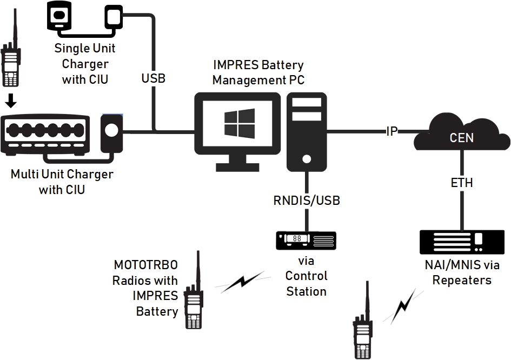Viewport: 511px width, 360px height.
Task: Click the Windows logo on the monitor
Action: pyautogui.click(x=240, y=123)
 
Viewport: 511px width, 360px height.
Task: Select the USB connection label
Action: pyautogui.click(x=153, y=78)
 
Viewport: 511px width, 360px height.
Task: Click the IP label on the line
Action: pyautogui.click(x=392, y=131)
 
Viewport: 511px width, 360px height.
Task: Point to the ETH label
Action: pyautogui.click(x=462, y=183)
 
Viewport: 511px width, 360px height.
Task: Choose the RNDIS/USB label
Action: pyautogui.click(x=307, y=201)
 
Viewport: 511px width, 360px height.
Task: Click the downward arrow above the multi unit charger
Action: pyautogui.click(x=10, y=102)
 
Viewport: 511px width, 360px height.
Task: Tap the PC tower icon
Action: pyautogui.click(x=307, y=130)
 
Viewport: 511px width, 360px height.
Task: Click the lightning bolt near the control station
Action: pyautogui.click(x=243, y=282)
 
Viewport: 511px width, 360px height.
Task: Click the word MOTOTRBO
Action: pyautogui.click(x=145, y=265)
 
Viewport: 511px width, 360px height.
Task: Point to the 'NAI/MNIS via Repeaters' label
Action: pyautogui.click(x=462, y=273)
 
